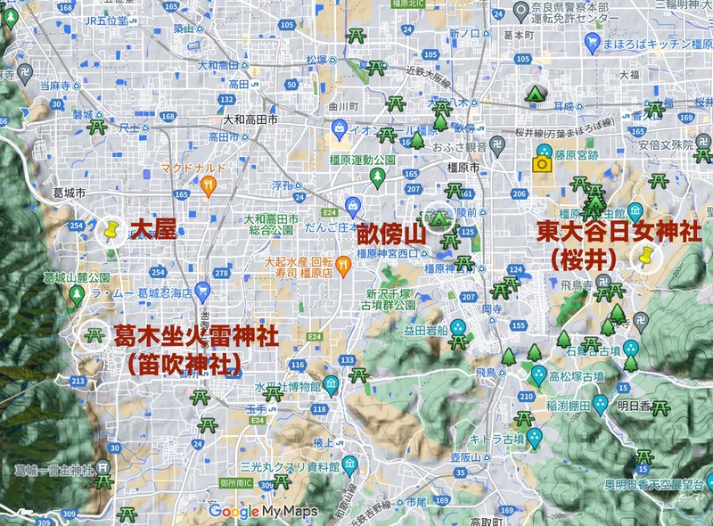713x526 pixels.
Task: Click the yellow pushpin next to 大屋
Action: [111, 232]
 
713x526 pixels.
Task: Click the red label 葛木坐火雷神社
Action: [194, 336]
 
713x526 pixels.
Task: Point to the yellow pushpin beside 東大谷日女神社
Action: [643, 257]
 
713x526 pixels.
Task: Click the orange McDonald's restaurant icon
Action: [209, 186]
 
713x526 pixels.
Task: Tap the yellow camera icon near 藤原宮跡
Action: [540, 164]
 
